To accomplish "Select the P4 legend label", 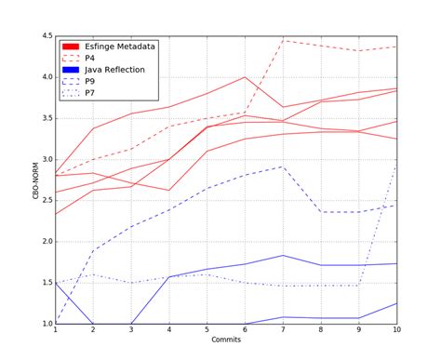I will pos(90,57).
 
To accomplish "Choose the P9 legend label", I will pos(90,81).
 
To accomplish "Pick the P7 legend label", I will pos(90,93).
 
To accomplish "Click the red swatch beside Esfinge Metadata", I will pos(70,45).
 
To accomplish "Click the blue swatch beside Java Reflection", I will pos(70,69).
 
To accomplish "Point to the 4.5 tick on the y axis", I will pos(46,36).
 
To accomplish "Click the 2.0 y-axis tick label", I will pos(46,242).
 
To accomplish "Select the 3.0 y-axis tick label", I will pos(46,159).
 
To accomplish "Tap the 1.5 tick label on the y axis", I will pos(46,283).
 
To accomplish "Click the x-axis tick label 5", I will pos(207,330).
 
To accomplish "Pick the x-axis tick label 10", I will pos(396,330).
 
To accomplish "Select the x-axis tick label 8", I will pos(320,330).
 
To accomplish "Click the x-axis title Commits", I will pos(225,341).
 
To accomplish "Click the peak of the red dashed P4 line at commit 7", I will pos(283,40).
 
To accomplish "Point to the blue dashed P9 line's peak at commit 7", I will pos(283,167).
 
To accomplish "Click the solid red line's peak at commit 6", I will pos(245,77).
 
